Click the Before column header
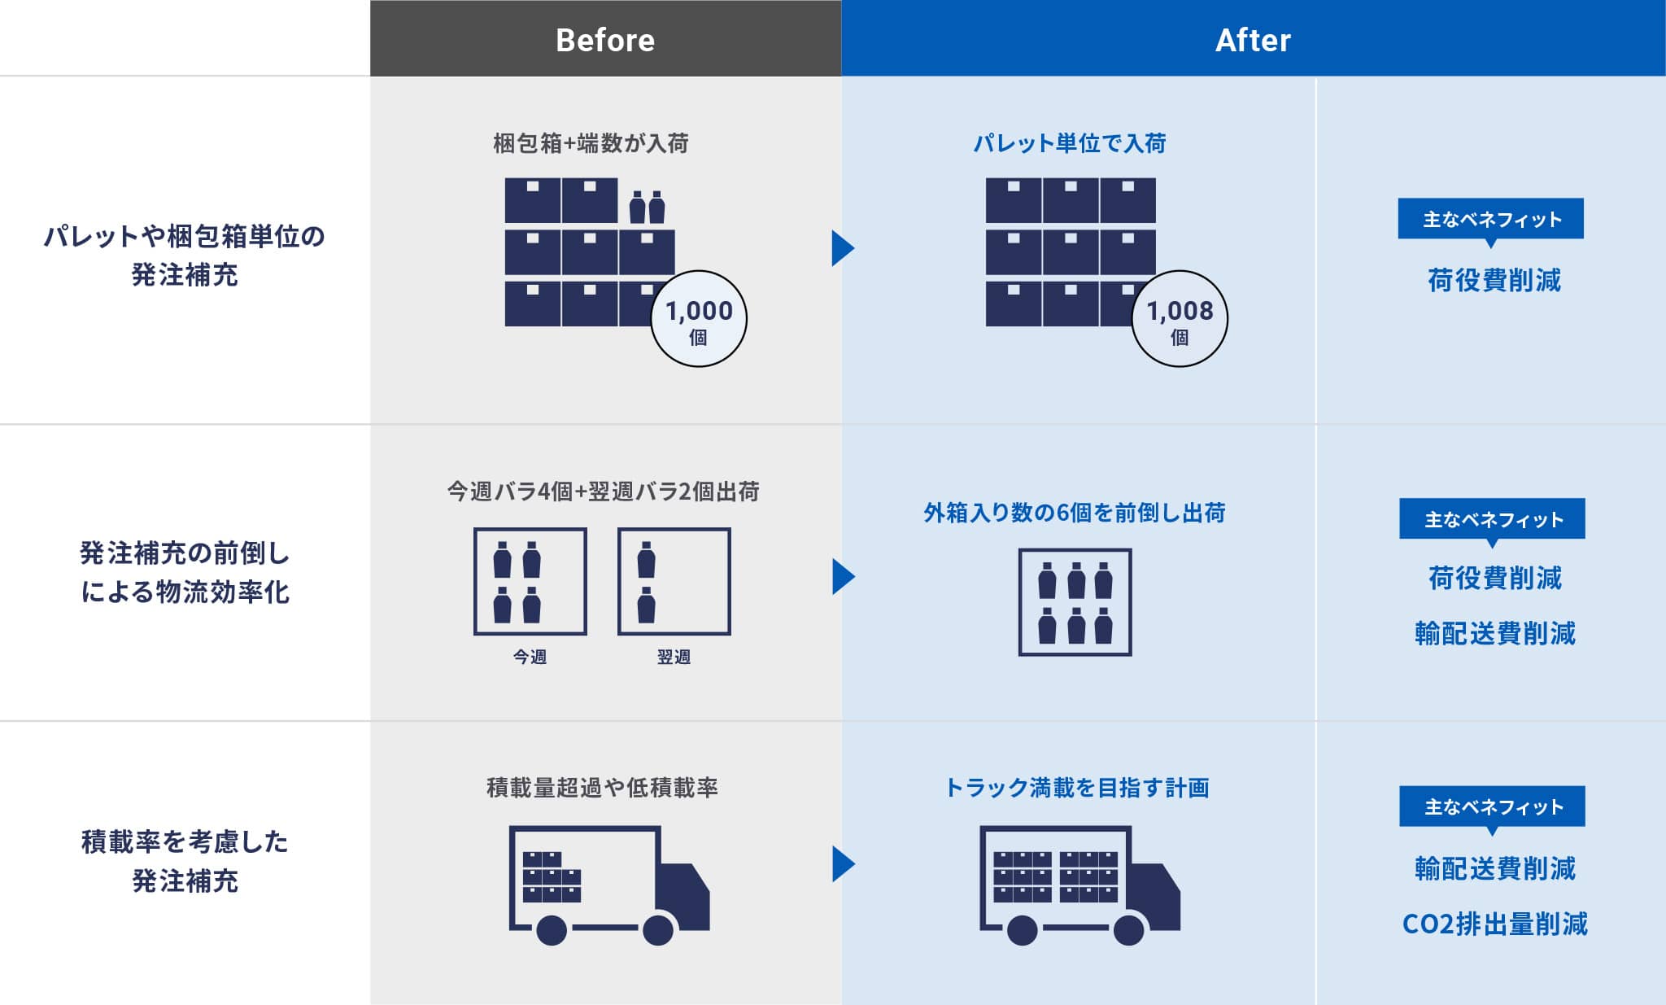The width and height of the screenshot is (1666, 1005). (605, 38)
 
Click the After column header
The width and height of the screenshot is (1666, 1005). (1253, 38)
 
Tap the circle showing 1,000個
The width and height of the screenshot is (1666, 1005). (699, 318)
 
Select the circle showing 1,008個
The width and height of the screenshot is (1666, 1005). (1180, 318)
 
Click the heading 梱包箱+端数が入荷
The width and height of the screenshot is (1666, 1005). (591, 143)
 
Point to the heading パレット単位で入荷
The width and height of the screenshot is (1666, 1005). (1070, 143)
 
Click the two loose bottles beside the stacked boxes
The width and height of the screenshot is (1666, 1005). (648, 208)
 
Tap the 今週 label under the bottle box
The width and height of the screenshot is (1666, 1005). (530, 657)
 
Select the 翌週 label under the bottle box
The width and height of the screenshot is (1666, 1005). (674, 657)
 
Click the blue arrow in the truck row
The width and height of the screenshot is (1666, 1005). (844, 864)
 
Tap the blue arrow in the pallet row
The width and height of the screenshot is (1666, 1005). (844, 248)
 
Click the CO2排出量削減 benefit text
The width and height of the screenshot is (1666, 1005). (1495, 924)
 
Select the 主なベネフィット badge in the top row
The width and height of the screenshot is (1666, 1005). (1491, 220)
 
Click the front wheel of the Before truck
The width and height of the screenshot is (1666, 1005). (658, 930)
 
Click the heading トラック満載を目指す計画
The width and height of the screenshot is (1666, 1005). (1077, 788)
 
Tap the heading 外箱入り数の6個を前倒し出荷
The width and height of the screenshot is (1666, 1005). (1075, 513)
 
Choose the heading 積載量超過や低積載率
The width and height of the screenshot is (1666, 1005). (602, 788)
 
